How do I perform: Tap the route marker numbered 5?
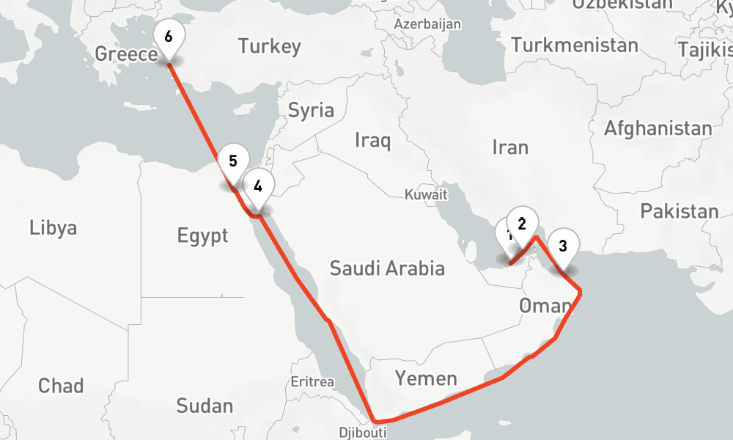[232, 161]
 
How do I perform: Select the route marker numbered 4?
[258, 186]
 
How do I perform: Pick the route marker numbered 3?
[562, 246]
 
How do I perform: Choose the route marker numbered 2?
[522, 224]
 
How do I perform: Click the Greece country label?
[126, 54]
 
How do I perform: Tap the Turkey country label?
[269, 47]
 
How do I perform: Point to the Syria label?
[311, 111]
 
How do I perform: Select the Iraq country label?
[372, 140]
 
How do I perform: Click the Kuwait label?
[426, 195]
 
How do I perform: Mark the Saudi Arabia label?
[387, 268]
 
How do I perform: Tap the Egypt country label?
[202, 236]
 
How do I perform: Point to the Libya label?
[53, 227]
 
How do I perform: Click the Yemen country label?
[426, 378]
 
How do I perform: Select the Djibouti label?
[362, 433]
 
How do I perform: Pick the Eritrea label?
[312, 382]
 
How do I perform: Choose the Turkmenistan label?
[575, 45]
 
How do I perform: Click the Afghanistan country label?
[658, 129]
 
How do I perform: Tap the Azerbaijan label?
[427, 24]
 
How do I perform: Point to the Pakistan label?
[679, 212]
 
